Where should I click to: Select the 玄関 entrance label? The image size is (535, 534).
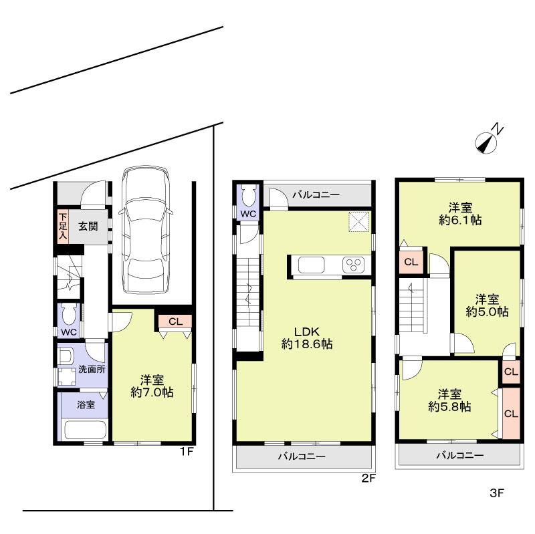click(87, 227)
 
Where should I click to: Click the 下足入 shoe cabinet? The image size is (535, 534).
click(62, 226)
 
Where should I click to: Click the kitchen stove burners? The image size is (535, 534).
click(352, 265)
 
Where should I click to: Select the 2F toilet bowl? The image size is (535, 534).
click(248, 195)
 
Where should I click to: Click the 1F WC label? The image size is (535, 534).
click(69, 332)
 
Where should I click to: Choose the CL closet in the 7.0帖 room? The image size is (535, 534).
click(175, 321)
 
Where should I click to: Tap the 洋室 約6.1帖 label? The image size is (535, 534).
click(459, 213)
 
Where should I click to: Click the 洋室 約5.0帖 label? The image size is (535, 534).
click(487, 305)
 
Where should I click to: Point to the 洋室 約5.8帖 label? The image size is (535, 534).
click(449, 399)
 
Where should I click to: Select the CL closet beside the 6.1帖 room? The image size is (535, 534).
click(411, 262)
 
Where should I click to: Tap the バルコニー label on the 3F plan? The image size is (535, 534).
click(459, 455)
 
